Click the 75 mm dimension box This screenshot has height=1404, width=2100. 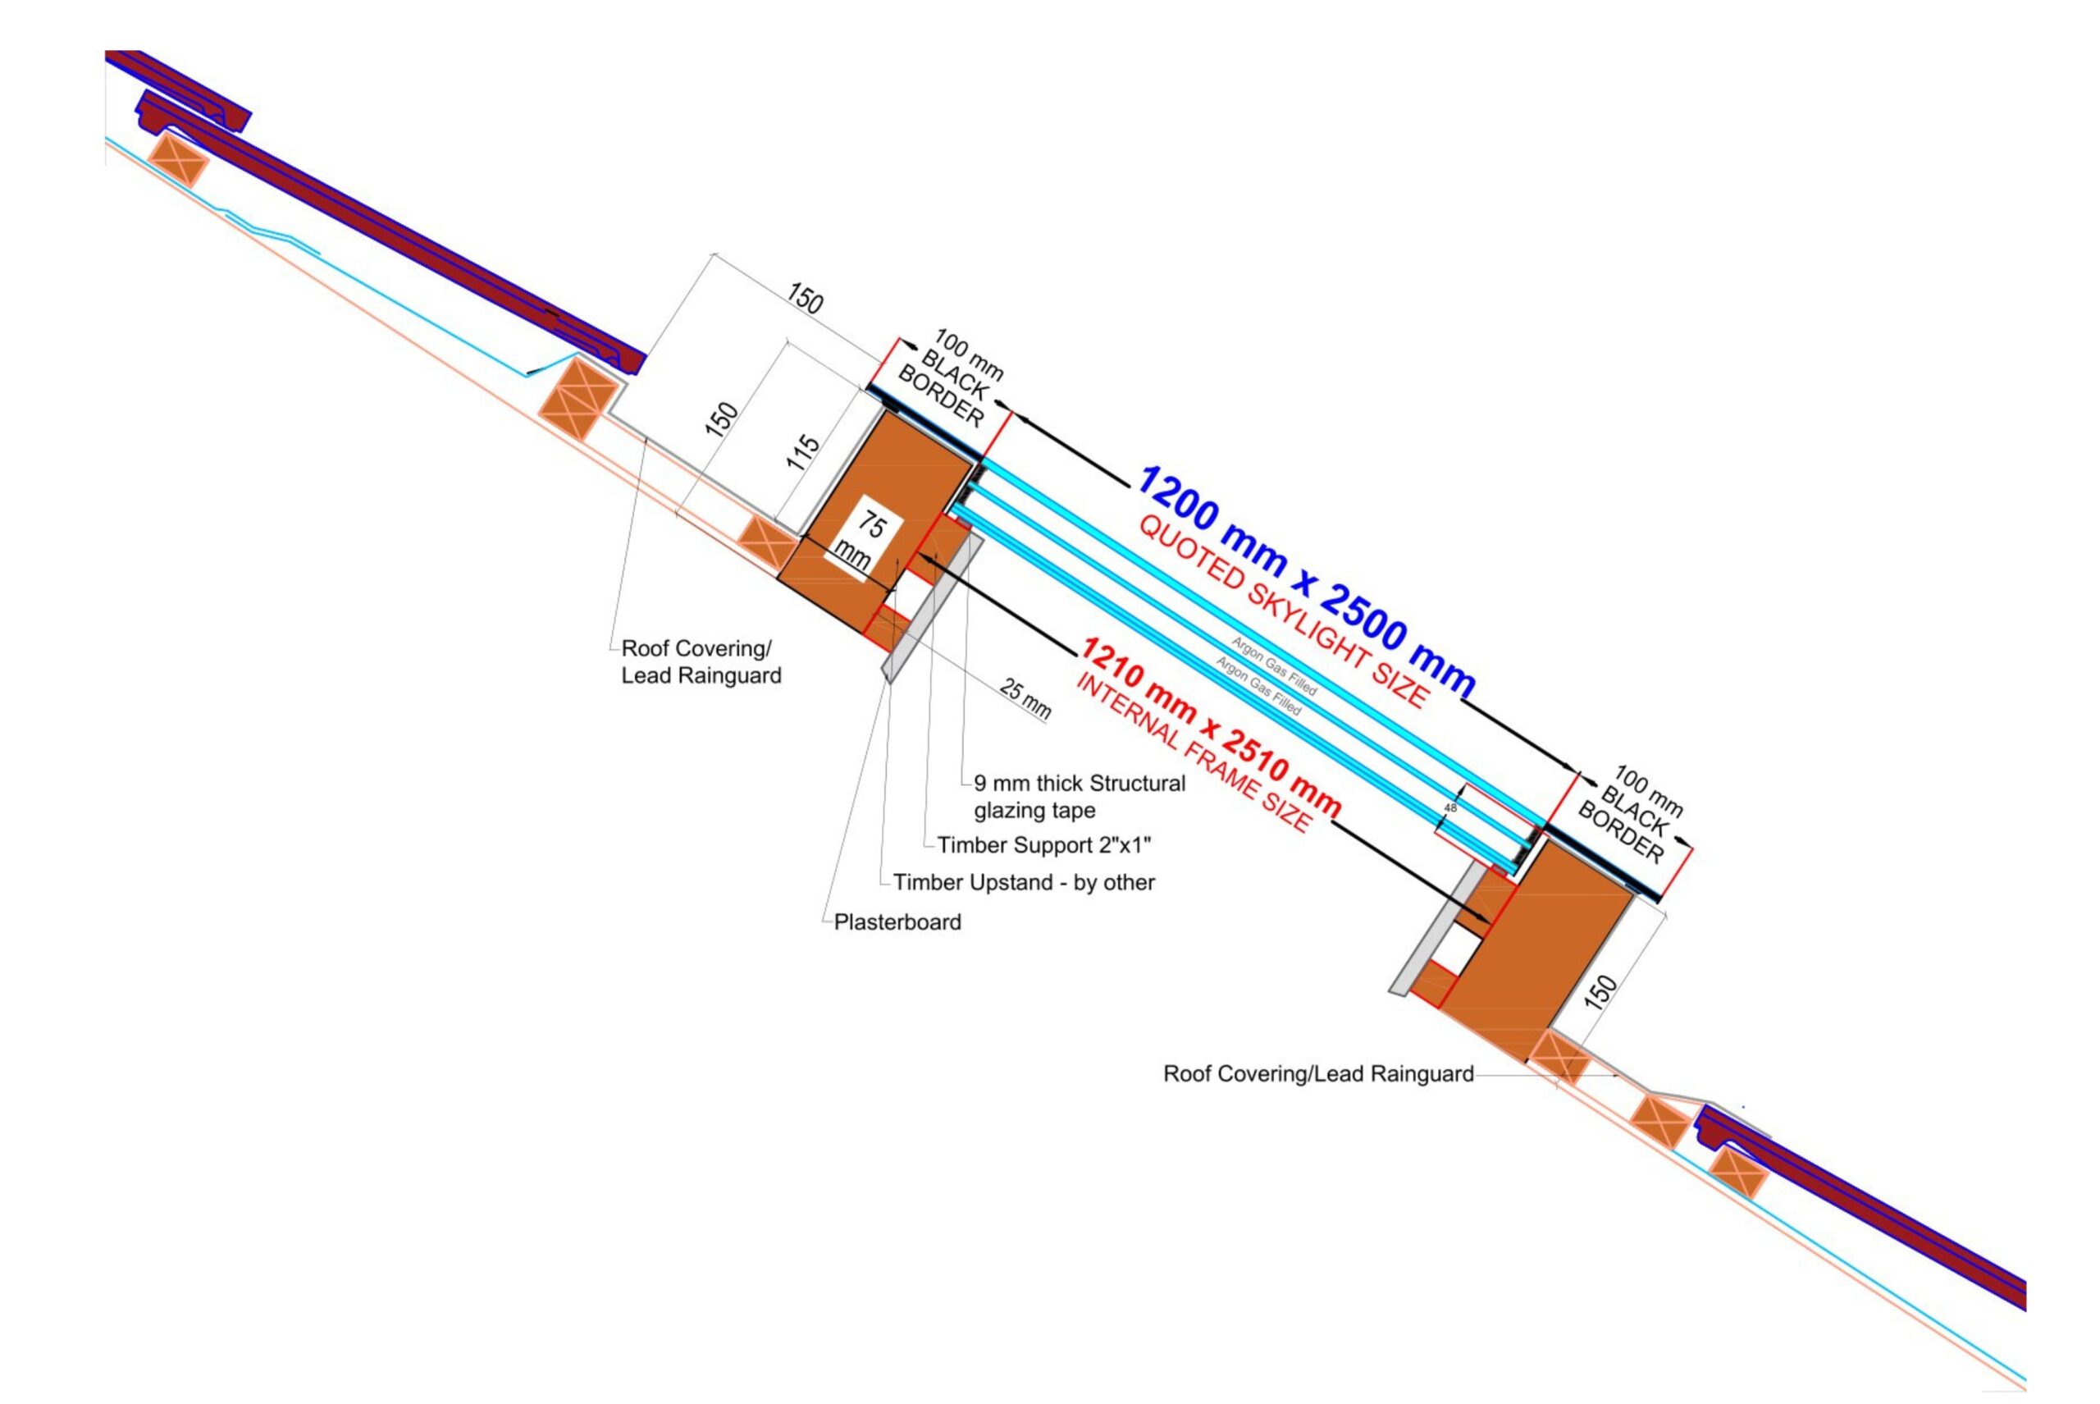pyautogui.click(x=861, y=541)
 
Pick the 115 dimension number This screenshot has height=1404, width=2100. pyautogui.click(x=803, y=453)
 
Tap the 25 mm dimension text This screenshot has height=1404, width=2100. pyautogui.click(x=1025, y=698)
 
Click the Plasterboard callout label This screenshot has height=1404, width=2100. pyautogui.click(x=897, y=922)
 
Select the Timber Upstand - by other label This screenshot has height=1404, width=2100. pyautogui.click(x=1023, y=883)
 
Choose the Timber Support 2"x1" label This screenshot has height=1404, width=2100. pyautogui.click(x=1043, y=845)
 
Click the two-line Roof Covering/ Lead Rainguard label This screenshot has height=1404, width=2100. pyautogui.click(x=700, y=661)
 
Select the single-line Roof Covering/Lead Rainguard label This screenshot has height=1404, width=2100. pyautogui.click(x=1317, y=1073)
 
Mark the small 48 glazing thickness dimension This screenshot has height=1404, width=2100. pyautogui.click(x=1450, y=807)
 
